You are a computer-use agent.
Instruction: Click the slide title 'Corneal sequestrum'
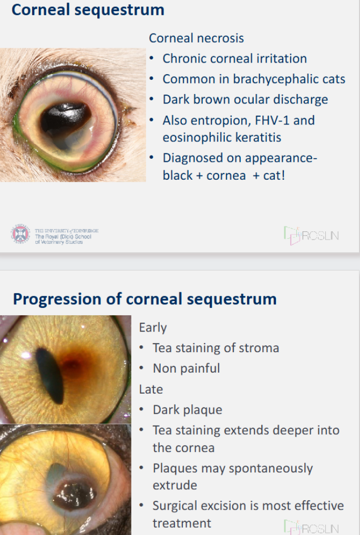click(88, 9)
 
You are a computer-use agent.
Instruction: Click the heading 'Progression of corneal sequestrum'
click(145, 299)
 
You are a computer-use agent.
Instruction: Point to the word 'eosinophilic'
click(196, 138)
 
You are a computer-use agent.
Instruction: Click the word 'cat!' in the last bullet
click(274, 176)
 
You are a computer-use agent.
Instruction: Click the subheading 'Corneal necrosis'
click(196, 38)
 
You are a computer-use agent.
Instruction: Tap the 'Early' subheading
click(153, 327)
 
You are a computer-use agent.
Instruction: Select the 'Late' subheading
click(151, 389)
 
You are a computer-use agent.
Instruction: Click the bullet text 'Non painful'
click(187, 368)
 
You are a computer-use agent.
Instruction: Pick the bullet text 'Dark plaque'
click(187, 410)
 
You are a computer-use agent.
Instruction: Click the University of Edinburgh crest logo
click(20, 234)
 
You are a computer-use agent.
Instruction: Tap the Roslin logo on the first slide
click(311, 235)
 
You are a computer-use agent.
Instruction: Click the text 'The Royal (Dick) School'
click(63, 236)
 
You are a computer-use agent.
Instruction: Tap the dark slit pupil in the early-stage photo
click(50, 375)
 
